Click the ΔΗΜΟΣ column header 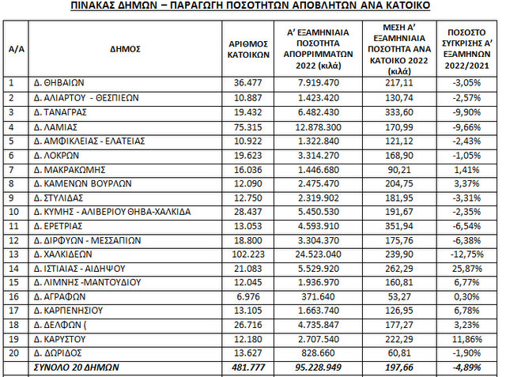coord(125,48)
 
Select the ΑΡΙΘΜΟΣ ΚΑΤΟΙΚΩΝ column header coord(244,48)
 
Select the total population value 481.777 coord(244,368)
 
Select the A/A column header coord(16,48)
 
